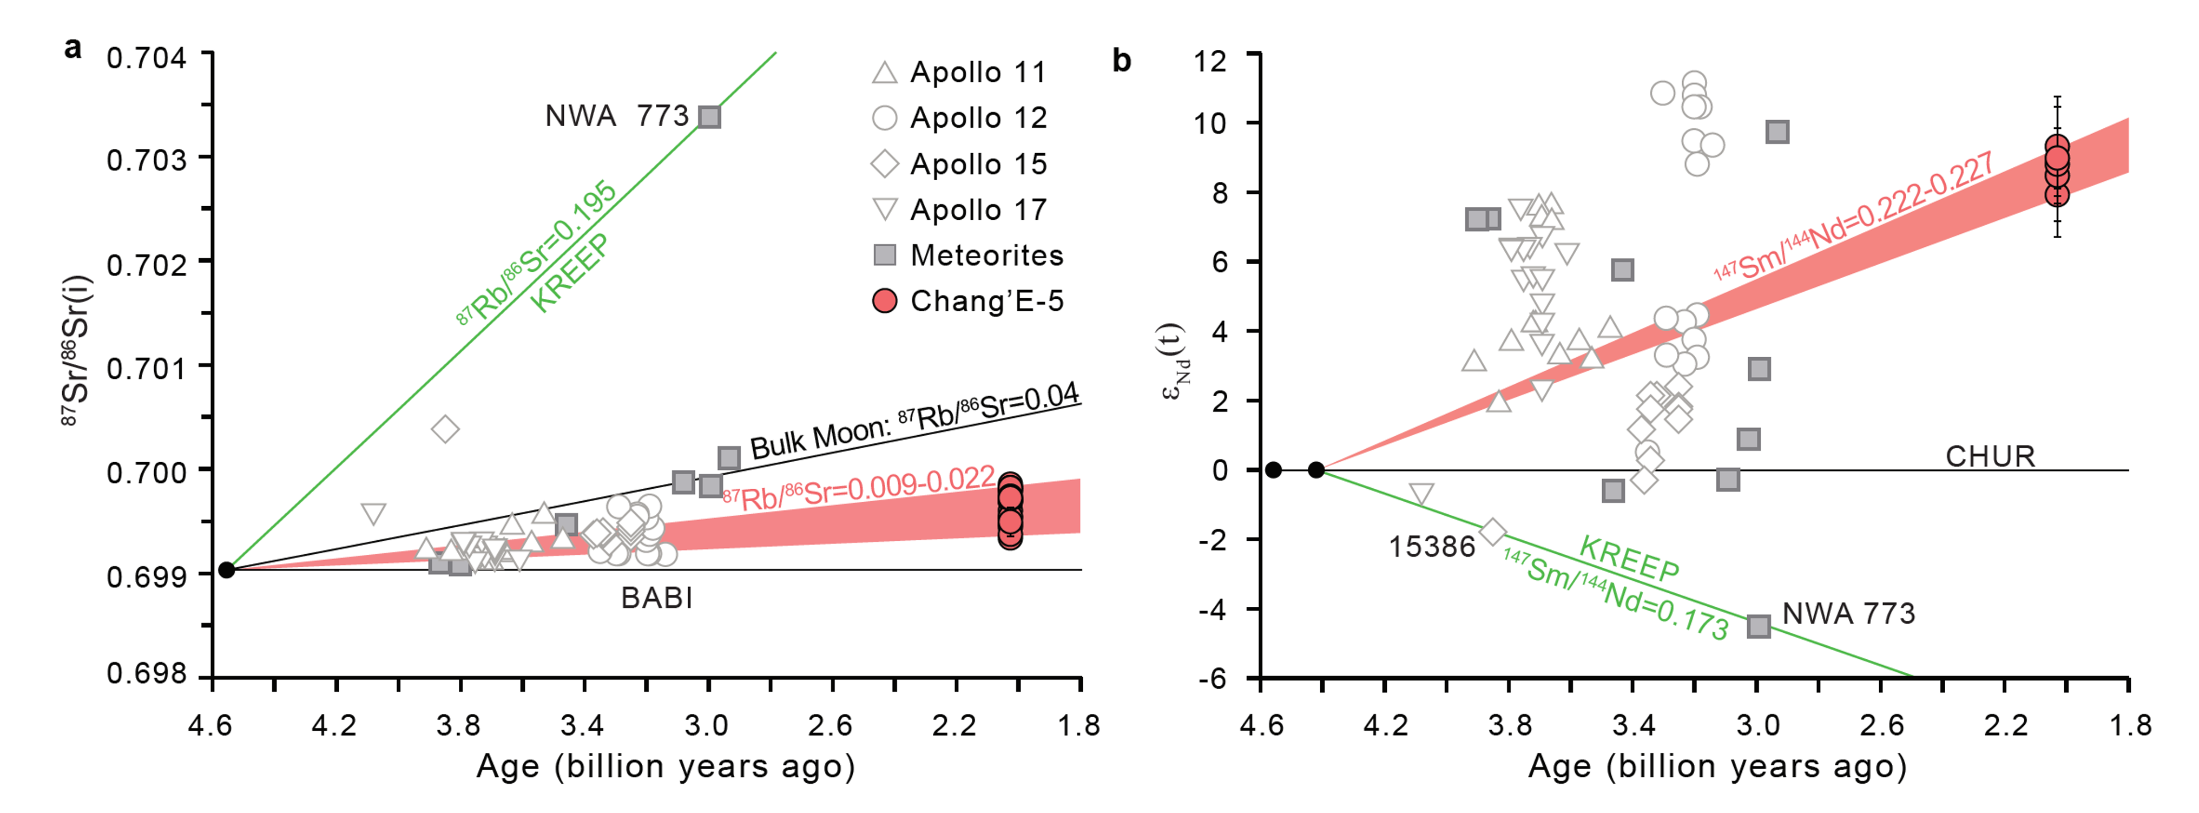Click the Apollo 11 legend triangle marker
click(x=884, y=73)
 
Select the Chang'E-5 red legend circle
click(x=884, y=300)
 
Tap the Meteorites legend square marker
click(x=884, y=254)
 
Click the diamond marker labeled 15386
click(x=1492, y=532)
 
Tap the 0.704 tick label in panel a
click(x=146, y=58)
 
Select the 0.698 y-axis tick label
click(x=146, y=674)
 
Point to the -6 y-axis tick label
click(x=1212, y=678)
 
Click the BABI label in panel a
click(x=656, y=598)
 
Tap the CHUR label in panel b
click(x=1990, y=456)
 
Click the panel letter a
click(x=74, y=48)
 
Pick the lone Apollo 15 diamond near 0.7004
click(x=445, y=429)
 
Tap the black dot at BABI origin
click(x=226, y=569)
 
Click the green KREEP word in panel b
click(x=1629, y=559)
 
